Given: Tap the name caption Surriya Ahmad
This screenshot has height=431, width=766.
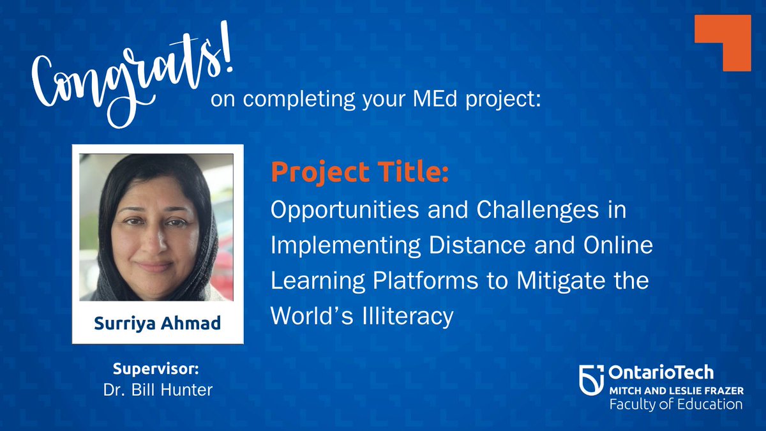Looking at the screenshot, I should (158, 323).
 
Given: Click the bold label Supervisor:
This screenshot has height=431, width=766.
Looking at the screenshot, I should (157, 370).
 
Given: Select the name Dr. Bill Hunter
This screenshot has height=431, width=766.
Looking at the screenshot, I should (158, 389).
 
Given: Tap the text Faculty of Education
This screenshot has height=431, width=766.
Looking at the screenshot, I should (675, 404).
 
